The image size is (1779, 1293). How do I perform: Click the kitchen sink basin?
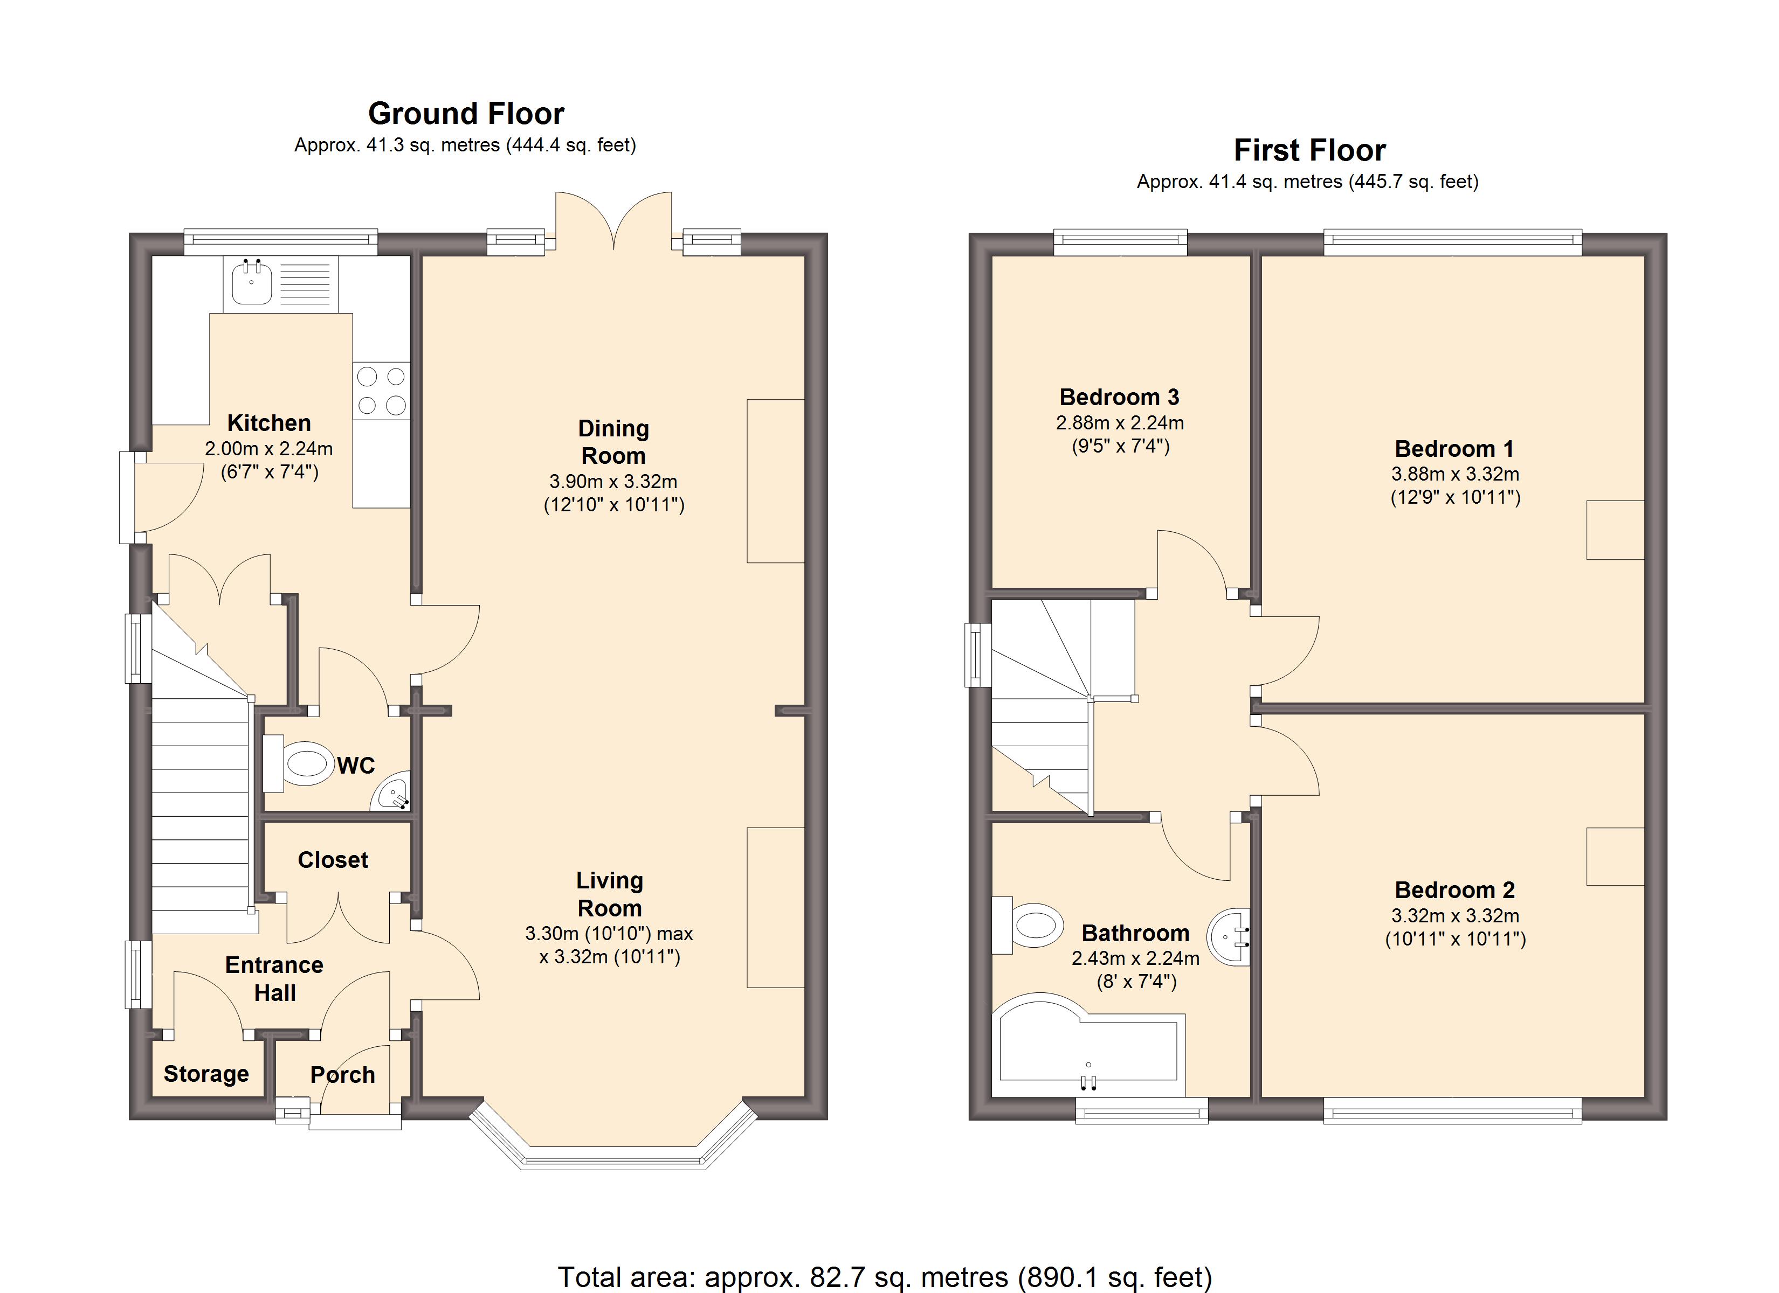tap(252, 283)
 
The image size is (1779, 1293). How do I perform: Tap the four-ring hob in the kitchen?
tap(381, 391)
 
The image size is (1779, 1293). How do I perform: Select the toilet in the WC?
tap(296, 763)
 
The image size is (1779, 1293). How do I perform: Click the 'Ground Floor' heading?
tap(466, 114)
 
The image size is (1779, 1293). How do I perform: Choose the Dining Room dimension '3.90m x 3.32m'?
tap(613, 482)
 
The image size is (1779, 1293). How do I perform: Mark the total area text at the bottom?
tap(885, 1276)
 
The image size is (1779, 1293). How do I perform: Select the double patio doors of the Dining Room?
tap(613, 220)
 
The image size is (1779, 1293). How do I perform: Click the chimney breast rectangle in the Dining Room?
tap(776, 481)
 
